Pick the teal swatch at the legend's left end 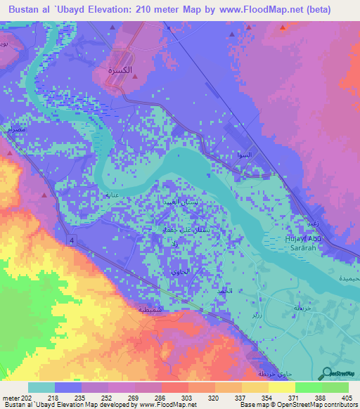[41, 387]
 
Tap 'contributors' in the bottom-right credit [339, 405]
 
